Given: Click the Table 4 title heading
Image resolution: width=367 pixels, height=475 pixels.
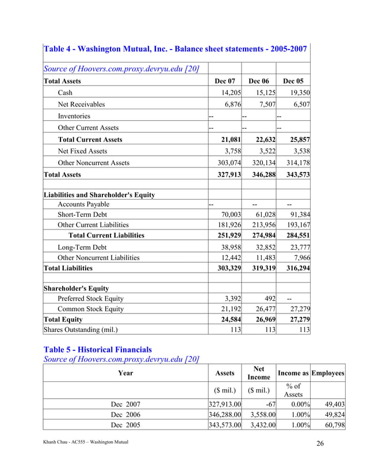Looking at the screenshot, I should coord(175,49).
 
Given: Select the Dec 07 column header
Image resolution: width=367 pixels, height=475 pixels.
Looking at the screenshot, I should coord(224,81).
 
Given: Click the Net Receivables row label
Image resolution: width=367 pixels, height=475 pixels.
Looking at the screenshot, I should coord(81,105).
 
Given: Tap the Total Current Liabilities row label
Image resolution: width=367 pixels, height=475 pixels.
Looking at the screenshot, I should coord(106,235).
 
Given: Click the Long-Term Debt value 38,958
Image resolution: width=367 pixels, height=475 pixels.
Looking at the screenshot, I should coord(229,247).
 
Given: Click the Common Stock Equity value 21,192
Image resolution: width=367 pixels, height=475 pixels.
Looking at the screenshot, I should coord(229,309).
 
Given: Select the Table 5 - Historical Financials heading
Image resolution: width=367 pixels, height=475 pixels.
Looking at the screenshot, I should coord(98,349).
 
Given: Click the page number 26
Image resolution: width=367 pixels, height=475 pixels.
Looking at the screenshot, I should coord(321,442).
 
